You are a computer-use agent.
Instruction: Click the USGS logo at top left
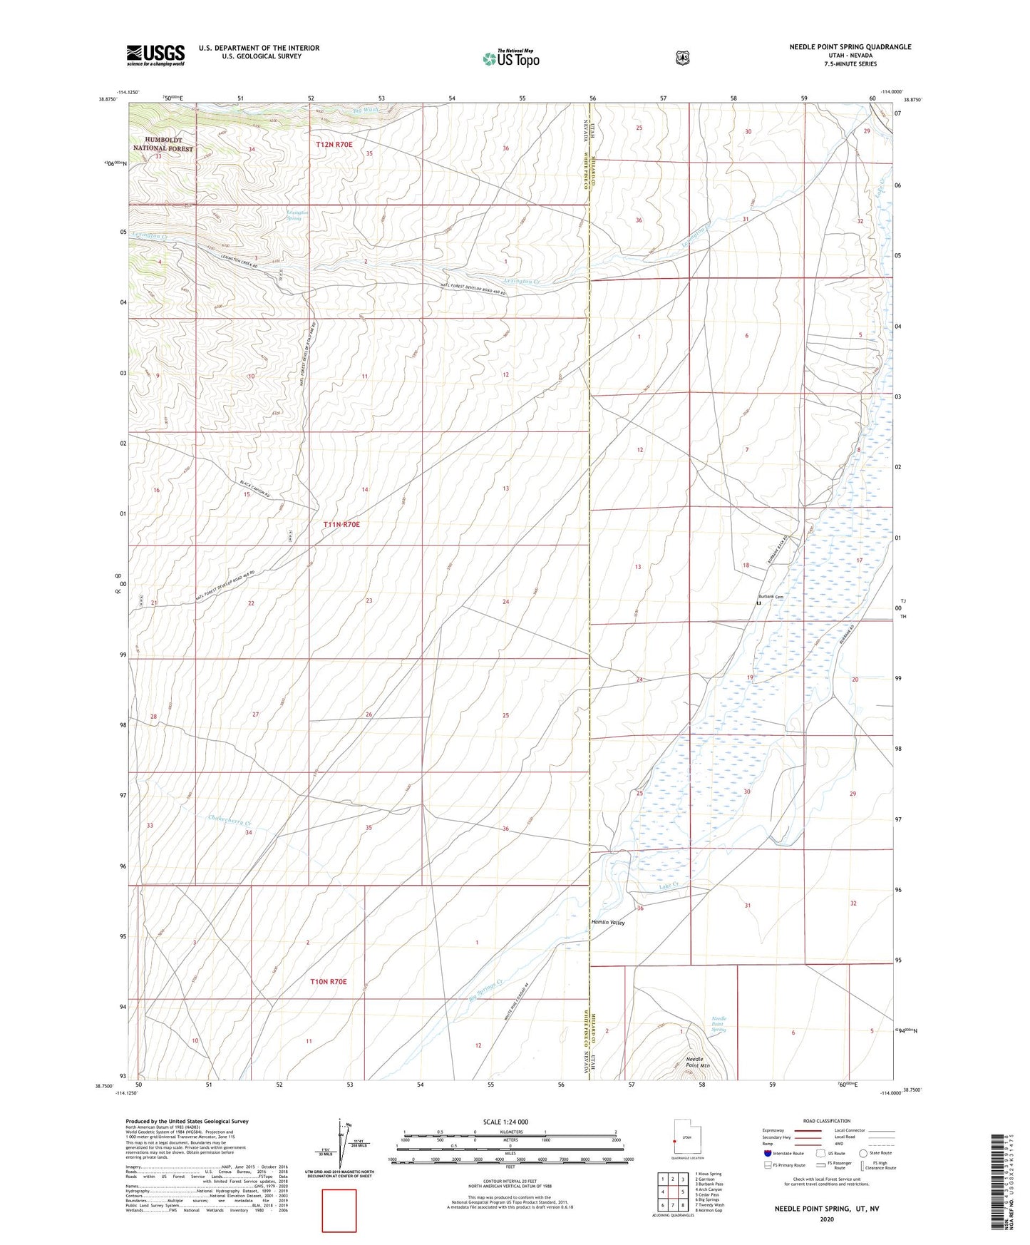(155, 55)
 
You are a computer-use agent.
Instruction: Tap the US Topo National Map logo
(510, 58)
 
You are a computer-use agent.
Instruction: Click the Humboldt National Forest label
(163, 144)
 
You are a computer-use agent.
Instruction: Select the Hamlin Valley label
(608, 922)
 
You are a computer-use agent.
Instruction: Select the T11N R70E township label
(341, 524)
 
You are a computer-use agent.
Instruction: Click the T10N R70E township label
(328, 981)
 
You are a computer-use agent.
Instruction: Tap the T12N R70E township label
(334, 144)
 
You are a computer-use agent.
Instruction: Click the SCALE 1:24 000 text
(505, 1122)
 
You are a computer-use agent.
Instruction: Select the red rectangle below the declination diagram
(339, 1210)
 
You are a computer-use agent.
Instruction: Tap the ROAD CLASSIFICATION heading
(826, 1121)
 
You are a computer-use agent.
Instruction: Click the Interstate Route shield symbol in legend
(767, 1153)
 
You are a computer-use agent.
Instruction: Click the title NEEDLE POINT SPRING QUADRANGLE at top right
(850, 47)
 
